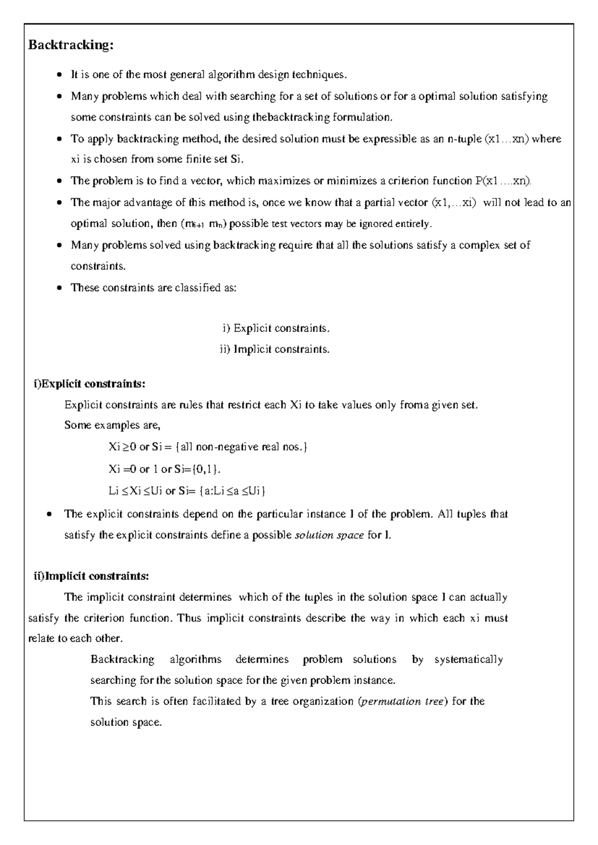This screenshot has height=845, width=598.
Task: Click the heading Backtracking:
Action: click(x=71, y=45)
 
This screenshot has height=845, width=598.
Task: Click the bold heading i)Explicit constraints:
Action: click(x=90, y=384)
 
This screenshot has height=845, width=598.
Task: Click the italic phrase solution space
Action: click(x=329, y=536)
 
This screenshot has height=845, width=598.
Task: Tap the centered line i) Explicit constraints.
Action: click(x=276, y=328)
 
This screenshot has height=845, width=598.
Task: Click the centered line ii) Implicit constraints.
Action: click(x=275, y=349)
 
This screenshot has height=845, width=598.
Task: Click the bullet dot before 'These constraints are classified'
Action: click(x=59, y=288)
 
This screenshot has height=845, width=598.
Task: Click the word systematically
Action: click(x=468, y=660)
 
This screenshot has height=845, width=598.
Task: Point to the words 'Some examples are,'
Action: click(x=112, y=425)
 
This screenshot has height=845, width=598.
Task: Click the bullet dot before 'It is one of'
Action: click(x=59, y=76)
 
